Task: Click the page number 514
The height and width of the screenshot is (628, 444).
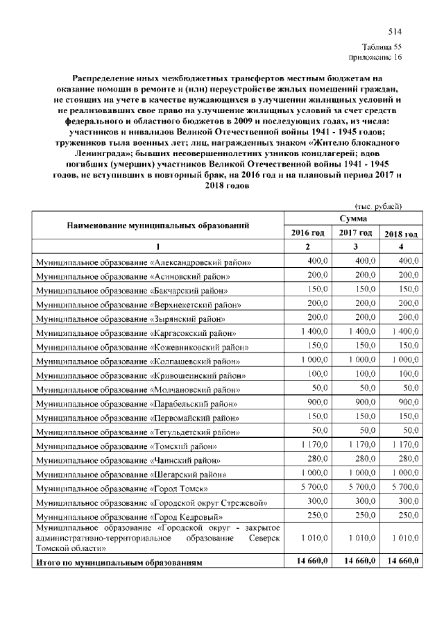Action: [x=395, y=32]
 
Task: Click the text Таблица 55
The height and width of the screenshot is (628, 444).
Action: [x=382, y=46]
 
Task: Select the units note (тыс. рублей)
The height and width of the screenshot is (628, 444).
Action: [x=378, y=206]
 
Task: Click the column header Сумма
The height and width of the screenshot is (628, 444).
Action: [x=352, y=219]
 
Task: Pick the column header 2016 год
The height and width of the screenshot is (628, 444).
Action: [x=308, y=232]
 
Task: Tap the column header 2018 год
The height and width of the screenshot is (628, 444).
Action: [x=400, y=233]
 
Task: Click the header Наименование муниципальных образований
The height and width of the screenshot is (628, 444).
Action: [x=158, y=226]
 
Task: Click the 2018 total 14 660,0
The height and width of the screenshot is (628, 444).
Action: [x=399, y=561]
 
